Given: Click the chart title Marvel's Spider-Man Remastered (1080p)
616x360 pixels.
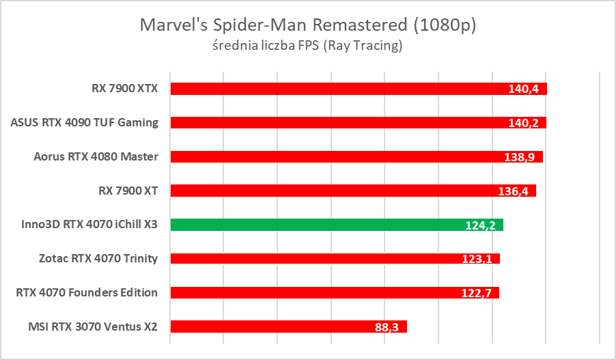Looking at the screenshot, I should [x=307, y=25].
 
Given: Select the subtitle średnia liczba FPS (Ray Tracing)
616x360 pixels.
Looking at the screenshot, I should [x=307, y=46].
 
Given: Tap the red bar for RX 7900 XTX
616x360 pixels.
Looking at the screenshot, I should [x=335, y=89].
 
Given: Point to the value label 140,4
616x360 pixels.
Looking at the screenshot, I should [x=524, y=89].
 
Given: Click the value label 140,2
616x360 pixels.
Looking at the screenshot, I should [x=524, y=123].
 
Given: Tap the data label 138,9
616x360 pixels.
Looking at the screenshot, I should [x=520, y=157].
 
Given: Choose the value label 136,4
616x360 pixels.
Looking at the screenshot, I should [x=514, y=191].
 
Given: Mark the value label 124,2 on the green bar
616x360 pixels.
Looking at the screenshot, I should [x=481, y=225].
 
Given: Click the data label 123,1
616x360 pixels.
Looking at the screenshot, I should [x=477, y=259].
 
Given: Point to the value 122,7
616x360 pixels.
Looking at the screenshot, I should [x=477, y=293].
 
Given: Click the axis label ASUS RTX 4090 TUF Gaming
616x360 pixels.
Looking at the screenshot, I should [x=85, y=123].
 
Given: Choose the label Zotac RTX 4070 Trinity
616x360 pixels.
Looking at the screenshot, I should [x=98, y=258].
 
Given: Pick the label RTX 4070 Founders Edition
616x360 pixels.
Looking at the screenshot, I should [x=87, y=292].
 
